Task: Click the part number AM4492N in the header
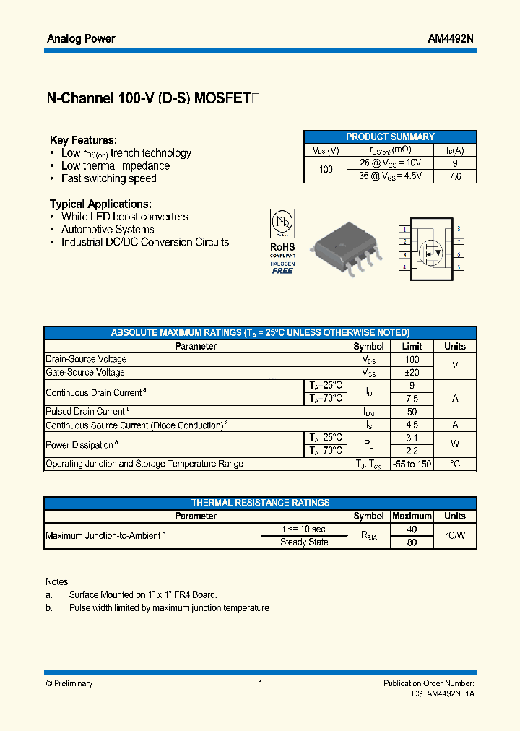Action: [451, 39]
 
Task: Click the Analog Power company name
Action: [81, 39]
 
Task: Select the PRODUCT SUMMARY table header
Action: [390, 137]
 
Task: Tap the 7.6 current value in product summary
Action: [455, 176]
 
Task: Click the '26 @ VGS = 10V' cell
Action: [390, 163]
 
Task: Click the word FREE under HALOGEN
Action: [282, 271]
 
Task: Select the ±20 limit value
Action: [412, 372]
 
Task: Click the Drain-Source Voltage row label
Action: [86, 359]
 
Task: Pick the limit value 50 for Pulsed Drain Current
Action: [412, 412]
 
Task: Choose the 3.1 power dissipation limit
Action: [412, 438]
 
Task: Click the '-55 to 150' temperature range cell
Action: [412, 464]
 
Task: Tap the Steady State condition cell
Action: [304, 542]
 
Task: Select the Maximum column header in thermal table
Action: [412, 516]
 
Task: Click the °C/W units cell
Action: [455, 536]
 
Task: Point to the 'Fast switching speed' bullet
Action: [108, 178]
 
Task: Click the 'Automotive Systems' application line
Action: [108, 230]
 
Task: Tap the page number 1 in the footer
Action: [260, 683]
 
